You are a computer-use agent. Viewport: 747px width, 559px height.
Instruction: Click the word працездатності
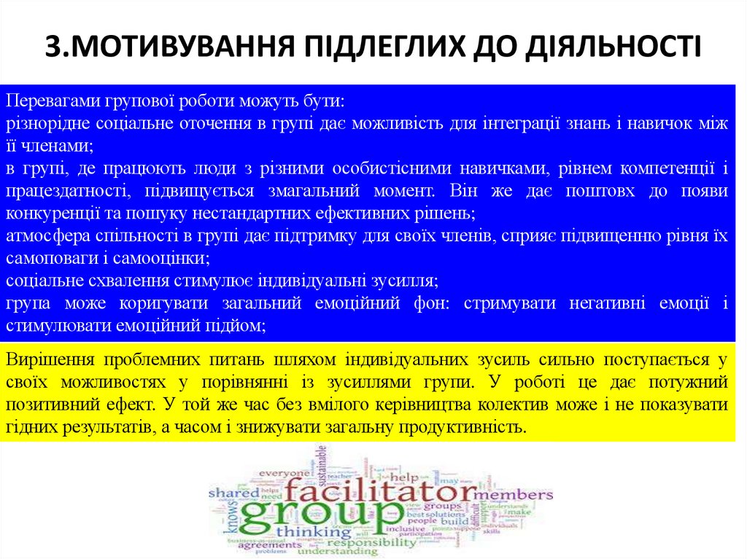60,192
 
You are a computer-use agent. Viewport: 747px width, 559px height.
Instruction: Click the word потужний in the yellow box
689,382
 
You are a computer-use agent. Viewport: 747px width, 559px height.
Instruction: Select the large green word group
315,515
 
